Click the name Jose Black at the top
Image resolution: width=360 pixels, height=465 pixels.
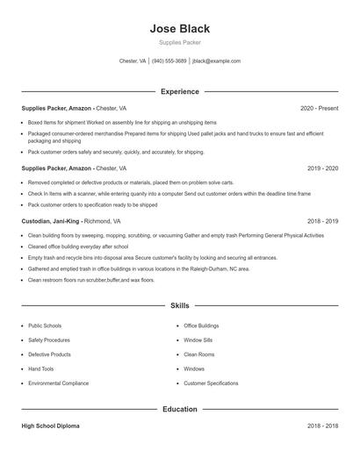180,29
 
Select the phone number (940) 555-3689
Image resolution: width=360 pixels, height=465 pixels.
169,61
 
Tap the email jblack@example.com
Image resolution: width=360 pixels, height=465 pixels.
216,61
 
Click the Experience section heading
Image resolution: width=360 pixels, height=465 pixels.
180,91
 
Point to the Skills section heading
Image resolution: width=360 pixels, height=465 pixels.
180,306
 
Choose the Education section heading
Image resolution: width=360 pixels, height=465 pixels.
180,409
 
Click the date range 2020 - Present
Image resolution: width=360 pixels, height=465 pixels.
319,108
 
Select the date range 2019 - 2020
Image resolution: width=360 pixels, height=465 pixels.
323,168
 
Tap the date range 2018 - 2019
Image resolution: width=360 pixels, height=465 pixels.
323,222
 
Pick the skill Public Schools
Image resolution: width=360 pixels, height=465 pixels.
45,325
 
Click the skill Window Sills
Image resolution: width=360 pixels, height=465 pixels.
198,340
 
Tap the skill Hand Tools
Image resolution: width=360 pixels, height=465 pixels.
40,369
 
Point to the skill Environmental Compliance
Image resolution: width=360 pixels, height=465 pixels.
58,383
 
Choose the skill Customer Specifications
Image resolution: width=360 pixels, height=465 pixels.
211,383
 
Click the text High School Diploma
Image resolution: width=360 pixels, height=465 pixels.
50,426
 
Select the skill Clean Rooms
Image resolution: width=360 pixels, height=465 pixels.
199,354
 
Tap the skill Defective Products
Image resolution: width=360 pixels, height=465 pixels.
49,354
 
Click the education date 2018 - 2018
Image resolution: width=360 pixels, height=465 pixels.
323,426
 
